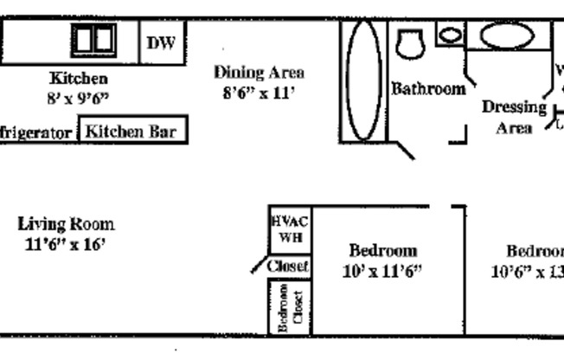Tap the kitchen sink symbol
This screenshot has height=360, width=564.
click(x=93, y=39)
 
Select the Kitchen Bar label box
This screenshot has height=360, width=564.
click(x=132, y=132)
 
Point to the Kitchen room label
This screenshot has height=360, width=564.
click(x=78, y=79)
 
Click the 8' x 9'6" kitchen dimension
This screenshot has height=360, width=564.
click(x=78, y=98)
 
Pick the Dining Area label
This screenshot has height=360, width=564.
click(x=259, y=73)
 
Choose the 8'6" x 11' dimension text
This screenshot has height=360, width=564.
click(x=260, y=93)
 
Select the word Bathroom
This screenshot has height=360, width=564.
click(x=428, y=88)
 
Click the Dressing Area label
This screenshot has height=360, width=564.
click(x=514, y=118)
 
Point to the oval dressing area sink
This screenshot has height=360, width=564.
click(x=507, y=36)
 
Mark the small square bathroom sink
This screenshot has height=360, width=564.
click(x=450, y=35)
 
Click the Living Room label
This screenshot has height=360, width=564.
click(x=66, y=224)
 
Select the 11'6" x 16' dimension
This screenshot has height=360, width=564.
click(x=66, y=244)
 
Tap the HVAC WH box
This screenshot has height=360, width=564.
click(x=290, y=229)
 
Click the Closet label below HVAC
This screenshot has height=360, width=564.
click(x=288, y=267)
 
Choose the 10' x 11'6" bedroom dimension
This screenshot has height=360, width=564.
click(x=382, y=271)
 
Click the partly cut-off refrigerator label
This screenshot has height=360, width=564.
click(x=36, y=134)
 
